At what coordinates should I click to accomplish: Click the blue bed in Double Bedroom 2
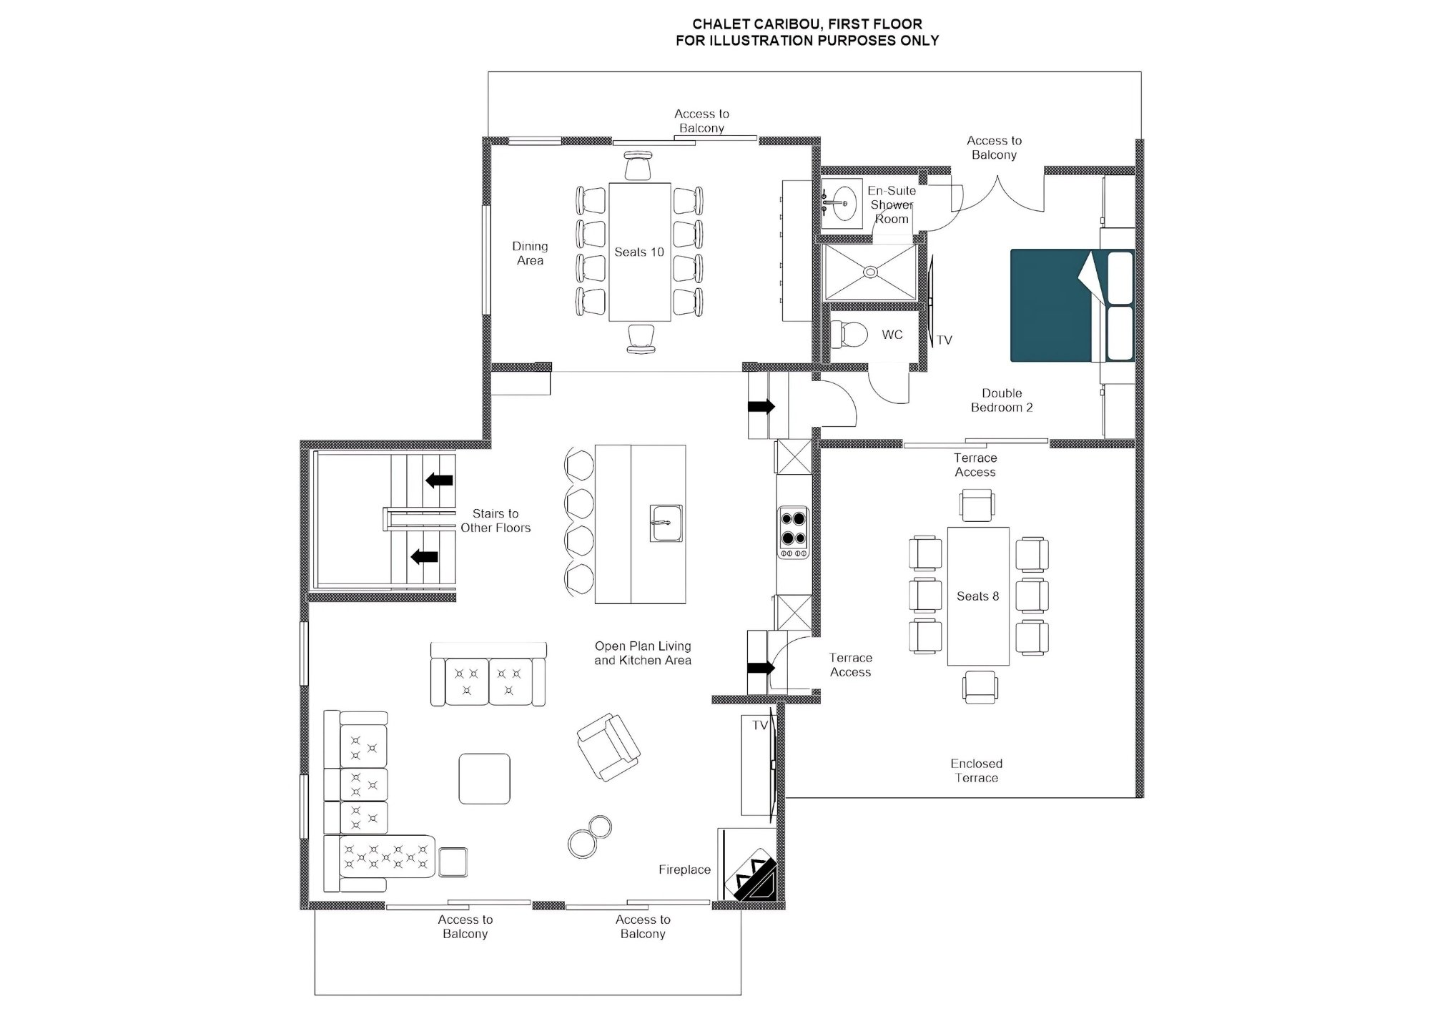[x=1072, y=305]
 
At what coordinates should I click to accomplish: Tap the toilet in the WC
[x=849, y=334]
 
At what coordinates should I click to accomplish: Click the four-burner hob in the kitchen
[x=794, y=532]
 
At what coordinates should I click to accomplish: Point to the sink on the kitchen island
[x=666, y=523]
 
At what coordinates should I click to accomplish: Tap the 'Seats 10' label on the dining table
[x=639, y=252]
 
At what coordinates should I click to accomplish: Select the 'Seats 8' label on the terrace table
[x=977, y=596]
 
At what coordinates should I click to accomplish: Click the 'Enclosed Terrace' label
[x=977, y=771]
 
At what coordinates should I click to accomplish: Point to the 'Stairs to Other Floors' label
[x=495, y=521]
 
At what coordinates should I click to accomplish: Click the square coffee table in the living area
[x=484, y=779]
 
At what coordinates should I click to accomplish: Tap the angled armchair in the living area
[x=608, y=746]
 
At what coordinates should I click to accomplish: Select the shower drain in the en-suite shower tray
[x=870, y=272]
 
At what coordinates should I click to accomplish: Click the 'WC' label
[x=892, y=335]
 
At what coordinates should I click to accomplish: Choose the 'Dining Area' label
[x=530, y=253]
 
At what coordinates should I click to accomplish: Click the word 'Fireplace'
[x=684, y=869]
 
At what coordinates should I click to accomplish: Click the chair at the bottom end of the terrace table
[x=979, y=687]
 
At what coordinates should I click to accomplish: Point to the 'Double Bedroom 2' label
[x=1002, y=400]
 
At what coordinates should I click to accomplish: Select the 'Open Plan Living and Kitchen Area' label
[x=643, y=654]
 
